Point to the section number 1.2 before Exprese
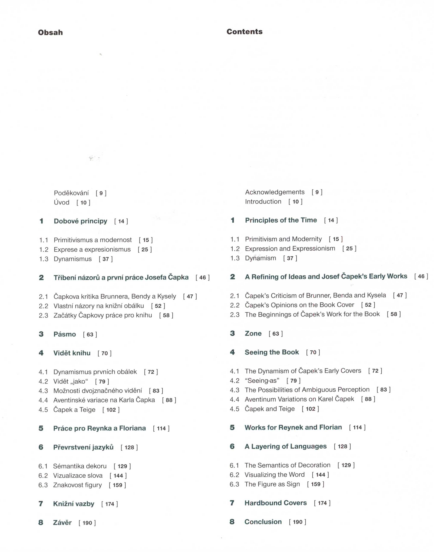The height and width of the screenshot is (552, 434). (44, 249)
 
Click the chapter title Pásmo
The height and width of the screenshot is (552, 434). (65, 334)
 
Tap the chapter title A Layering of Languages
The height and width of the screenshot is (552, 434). (286, 446)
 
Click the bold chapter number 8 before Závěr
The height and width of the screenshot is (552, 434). (41, 523)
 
